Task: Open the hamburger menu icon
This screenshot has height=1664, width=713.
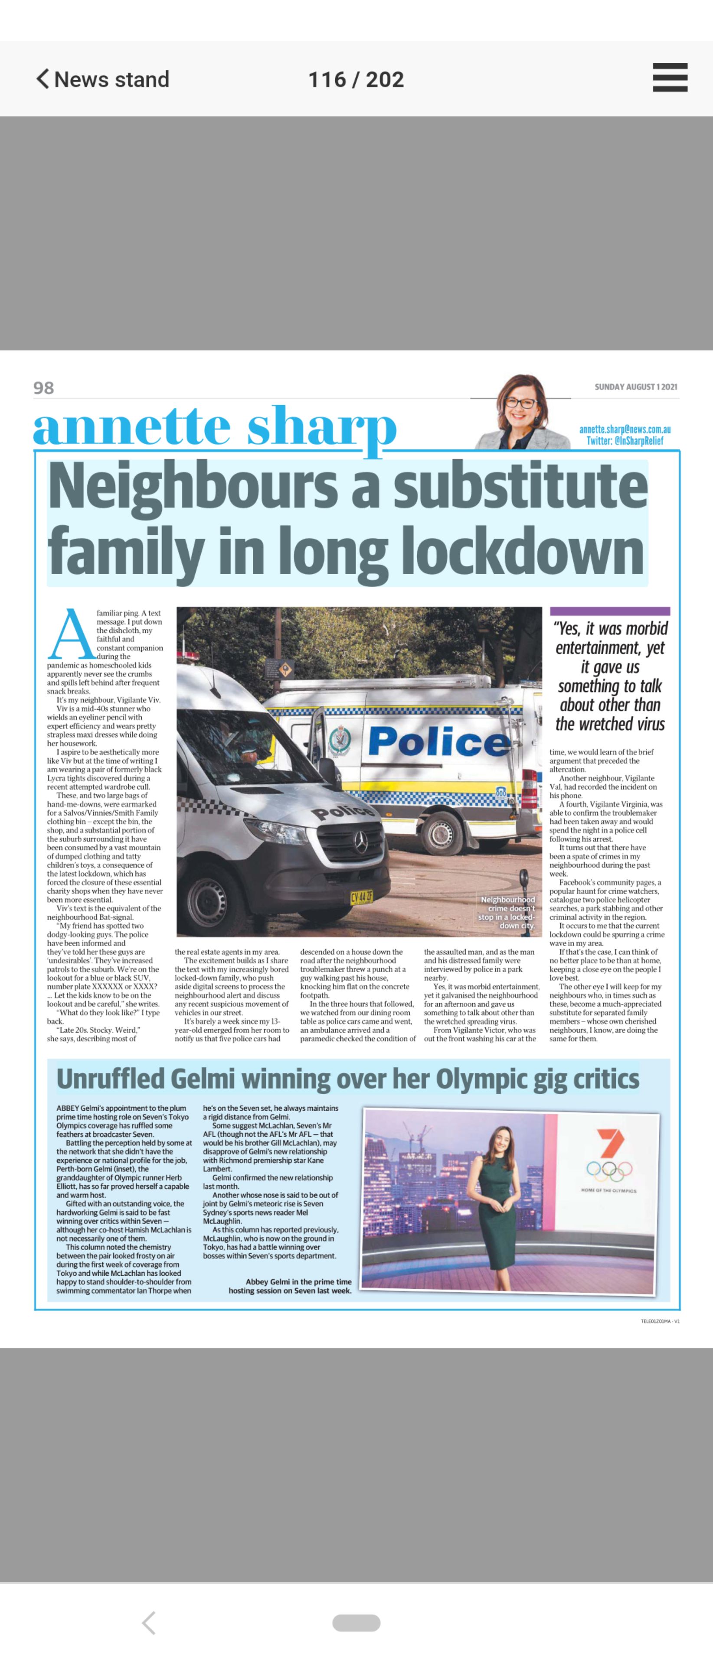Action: [670, 78]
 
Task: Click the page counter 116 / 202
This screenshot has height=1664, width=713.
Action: [356, 79]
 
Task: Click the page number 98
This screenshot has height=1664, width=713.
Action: [44, 387]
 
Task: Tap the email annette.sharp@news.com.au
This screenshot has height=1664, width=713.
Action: [625, 429]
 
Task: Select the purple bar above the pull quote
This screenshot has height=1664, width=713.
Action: [610, 611]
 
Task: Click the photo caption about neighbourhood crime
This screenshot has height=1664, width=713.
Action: [507, 912]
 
